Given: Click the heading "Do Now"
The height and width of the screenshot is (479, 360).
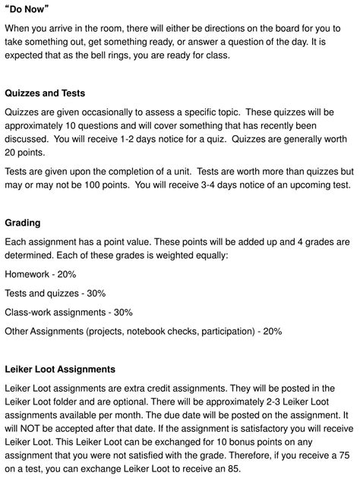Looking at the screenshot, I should click(32, 8).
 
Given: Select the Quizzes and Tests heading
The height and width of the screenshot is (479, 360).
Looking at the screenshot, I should click(49, 93).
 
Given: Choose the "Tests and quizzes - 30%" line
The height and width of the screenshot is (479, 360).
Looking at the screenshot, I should click(55, 292).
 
